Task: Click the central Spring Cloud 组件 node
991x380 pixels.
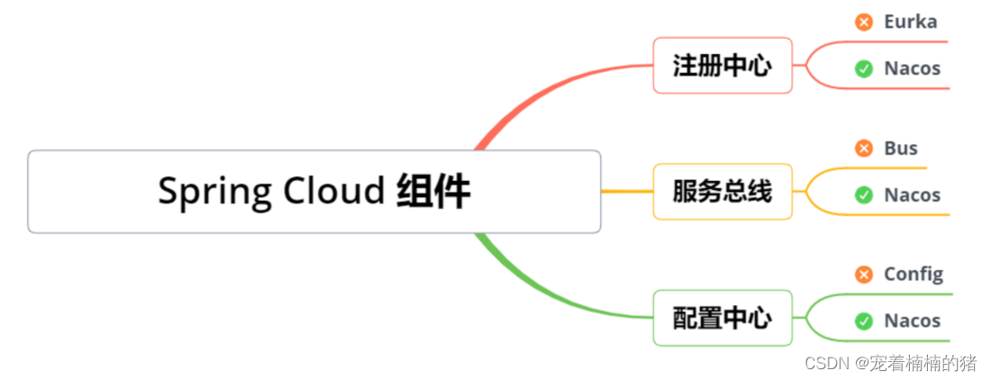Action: pyautogui.click(x=314, y=192)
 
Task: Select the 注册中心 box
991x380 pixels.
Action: pyautogui.click(x=723, y=66)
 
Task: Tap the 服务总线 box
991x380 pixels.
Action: pyautogui.click(x=723, y=192)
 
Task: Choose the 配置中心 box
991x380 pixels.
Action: pyautogui.click(x=723, y=318)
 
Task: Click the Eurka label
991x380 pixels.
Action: pyautogui.click(x=910, y=22)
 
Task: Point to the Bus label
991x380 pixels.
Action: pyautogui.click(x=901, y=149)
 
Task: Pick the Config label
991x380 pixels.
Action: pyautogui.click(x=914, y=274)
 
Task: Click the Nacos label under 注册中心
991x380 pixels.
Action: pyautogui.click(x=912, y=68)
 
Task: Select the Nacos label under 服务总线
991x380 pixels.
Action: pyautogui.click(x=912, y=195)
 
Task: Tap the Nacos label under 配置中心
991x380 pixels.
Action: pyautogui.click(x=912, y=321)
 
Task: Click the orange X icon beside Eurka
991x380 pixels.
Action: pyautogui.click(x=864, y=22)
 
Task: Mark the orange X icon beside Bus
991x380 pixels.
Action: pyautogui.click(x=864, y=149)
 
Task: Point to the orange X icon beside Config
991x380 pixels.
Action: pyautogui.click(x=864, y=274)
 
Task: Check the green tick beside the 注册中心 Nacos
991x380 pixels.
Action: pyautogui.click(x=864, y=68)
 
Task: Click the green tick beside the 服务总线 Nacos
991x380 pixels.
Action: pyautogui.click(x=864, y=195)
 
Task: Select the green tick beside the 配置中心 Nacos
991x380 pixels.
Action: pyautogui.click(x=864, y=321)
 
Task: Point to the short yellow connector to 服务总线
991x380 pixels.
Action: pyautogui.click(x=627, y=192)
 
